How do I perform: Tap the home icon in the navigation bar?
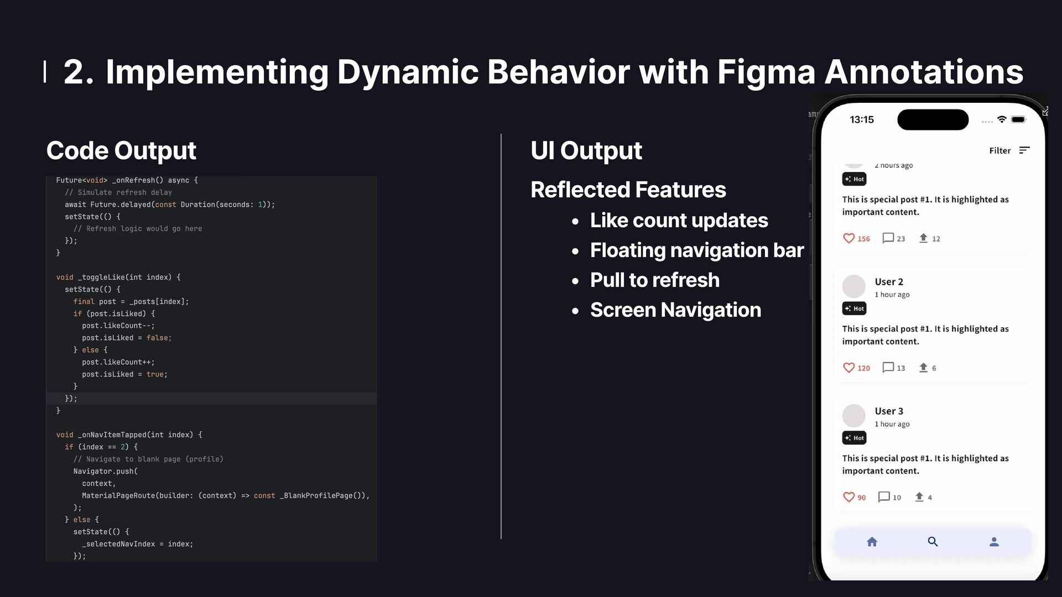coord(872,542)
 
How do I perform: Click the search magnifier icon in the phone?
coord(933,542)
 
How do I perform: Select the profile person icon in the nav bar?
coord(994,542)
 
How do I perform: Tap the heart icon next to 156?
coord(848,238)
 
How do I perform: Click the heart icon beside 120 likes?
coord(848,368)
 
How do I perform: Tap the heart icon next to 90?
coord(848,497)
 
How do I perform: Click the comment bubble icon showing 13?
coord(888,368)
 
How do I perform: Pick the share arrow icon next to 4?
coord(919,497)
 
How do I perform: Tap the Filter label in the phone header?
coord(999,150)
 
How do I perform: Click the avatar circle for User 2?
coord(853,286)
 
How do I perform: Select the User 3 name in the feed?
coord(889,411)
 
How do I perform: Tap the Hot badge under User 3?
coord(854,438)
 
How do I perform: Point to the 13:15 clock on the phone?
coord(862,119)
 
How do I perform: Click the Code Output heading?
coord(121,150)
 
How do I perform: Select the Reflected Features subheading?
coord(628,190)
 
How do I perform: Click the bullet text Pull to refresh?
coord(654,280)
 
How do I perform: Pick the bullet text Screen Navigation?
coord(675,310)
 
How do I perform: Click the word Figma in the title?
coord(766,72)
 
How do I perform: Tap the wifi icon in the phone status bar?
coord(1002,119)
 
